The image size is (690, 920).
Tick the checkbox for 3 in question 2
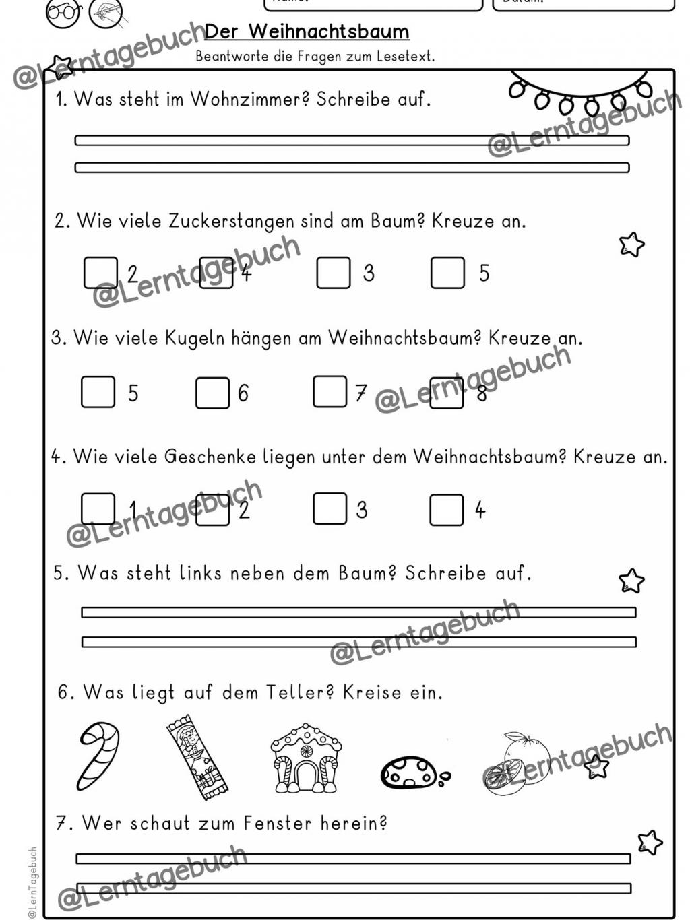click(x=333, y=272)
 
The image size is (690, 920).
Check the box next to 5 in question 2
click(x=447, y=272)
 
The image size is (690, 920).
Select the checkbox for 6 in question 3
click(x=212, y=393)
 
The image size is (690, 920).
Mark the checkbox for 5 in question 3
click(x=98, y=391)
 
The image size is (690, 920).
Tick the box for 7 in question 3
click(x=330, y=392)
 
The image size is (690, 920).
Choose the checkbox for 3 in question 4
click(x=330, y=508)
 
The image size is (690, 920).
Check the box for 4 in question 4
click(x=446, y=510)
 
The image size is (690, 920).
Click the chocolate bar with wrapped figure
click(x=197, y=758)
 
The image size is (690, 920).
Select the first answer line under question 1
click(x=352, y=141)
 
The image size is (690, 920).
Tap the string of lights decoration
click(x=579, y=94)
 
